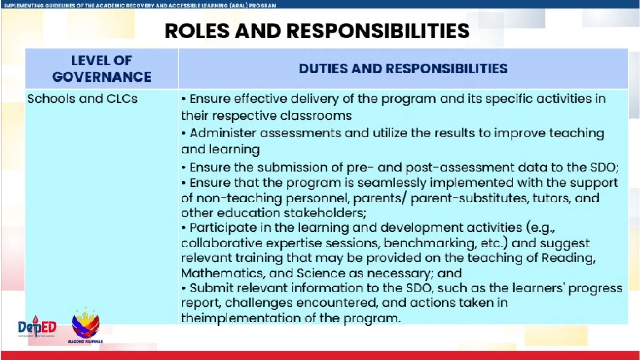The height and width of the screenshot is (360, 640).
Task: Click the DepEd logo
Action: (37, 327)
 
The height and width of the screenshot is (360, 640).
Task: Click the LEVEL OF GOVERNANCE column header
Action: (102, 69)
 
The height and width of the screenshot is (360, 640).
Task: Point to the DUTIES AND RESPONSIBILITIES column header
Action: (403, 69)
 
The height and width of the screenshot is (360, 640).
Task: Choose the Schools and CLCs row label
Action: (82, 99)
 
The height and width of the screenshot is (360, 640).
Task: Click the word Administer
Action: (222, 133)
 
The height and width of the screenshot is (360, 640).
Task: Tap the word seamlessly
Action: (392, 183)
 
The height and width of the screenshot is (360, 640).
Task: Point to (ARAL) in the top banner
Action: (239, 5)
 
